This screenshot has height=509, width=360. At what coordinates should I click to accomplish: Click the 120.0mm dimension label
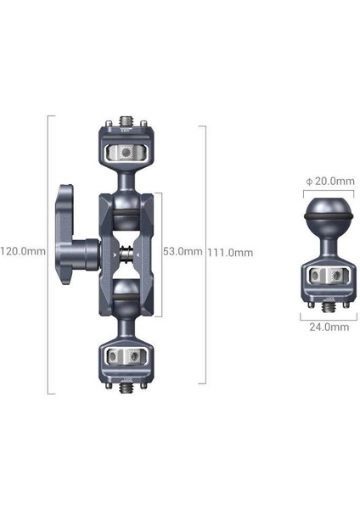pos(23,251)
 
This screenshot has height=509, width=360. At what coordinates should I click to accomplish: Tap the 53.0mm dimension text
pos(182,251)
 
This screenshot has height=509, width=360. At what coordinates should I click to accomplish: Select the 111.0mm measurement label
pos(232,252)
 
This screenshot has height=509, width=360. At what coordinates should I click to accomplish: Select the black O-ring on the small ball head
pos(325,227)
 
